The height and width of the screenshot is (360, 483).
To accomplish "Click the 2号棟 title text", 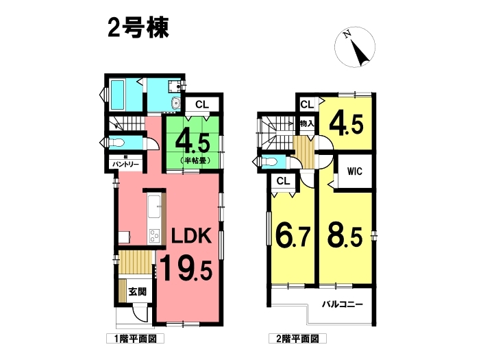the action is (x=138, y=27).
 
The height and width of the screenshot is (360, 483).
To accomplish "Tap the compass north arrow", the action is (x=360, y=53).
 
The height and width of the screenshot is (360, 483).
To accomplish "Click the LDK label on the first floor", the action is (x=192, y=237).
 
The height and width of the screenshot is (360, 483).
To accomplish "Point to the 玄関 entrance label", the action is (x=138, y=291).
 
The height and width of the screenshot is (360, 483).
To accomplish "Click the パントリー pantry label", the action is (x=125, y=165).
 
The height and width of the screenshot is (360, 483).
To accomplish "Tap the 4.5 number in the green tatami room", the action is (x=193, y=143).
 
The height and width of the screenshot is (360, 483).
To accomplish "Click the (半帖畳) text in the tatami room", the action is (x=194, y=160).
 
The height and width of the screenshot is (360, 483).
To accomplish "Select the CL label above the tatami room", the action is (x=202, y=104).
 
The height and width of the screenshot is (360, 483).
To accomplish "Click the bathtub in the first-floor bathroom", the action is (x=117, y=95).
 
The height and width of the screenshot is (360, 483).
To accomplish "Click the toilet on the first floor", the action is (x=116, y=143).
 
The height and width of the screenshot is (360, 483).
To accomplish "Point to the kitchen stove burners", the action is (x=155, y=236).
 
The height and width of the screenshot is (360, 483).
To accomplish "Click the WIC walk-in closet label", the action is (x=355, y=171).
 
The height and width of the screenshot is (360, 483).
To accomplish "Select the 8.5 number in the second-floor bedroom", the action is (x=345, y=237).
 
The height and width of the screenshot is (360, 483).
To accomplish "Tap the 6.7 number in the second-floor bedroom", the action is (x=292, y=237).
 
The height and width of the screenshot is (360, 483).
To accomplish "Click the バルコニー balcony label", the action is (x=343, y=304).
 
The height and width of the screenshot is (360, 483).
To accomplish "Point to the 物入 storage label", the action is (x=307, y=124).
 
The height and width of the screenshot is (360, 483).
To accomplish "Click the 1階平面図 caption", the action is (x=135, y=339).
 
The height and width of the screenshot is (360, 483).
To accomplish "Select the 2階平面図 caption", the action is (x=297, y=339).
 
